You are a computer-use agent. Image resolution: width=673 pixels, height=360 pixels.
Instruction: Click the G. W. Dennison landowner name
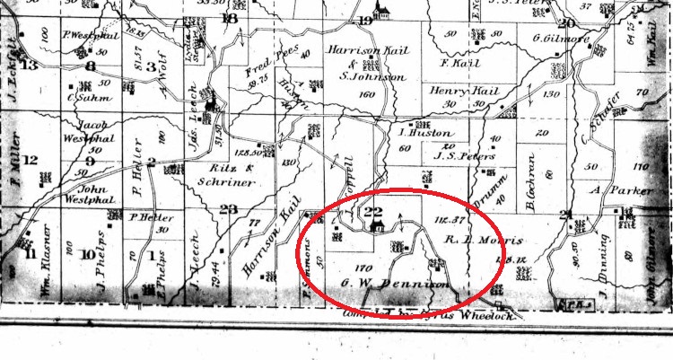(394, 285)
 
